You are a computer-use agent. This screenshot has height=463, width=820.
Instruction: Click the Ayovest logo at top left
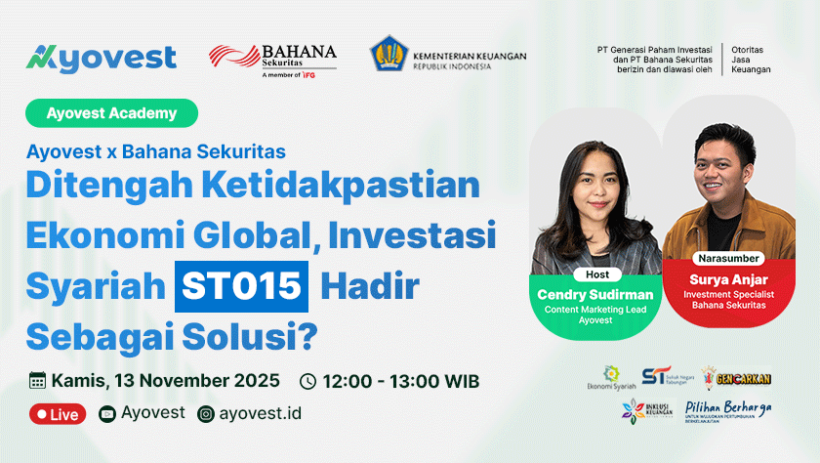click(x=102, y=58)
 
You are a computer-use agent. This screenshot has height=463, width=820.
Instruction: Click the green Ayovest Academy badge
click(x=112, y=113)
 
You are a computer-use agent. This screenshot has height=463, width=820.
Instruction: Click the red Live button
click(x=58, y=414)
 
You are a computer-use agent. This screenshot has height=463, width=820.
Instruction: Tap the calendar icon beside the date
click(x=38, y=381)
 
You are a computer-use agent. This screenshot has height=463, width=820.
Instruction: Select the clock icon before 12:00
click(x=307, y=381)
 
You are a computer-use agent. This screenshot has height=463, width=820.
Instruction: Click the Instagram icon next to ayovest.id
click(x=205, y=413)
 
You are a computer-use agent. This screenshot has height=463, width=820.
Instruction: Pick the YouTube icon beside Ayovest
click(x=107, y=413)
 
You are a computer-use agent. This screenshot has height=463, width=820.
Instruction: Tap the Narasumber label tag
click(x=728, y=260)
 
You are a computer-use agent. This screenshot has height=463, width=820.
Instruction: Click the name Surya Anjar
click(x=728, y=278)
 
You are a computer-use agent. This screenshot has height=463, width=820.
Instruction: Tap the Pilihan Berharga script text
click(x=727, y=406)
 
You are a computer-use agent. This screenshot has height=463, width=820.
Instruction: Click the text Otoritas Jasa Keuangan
click(x=751, y=60)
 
